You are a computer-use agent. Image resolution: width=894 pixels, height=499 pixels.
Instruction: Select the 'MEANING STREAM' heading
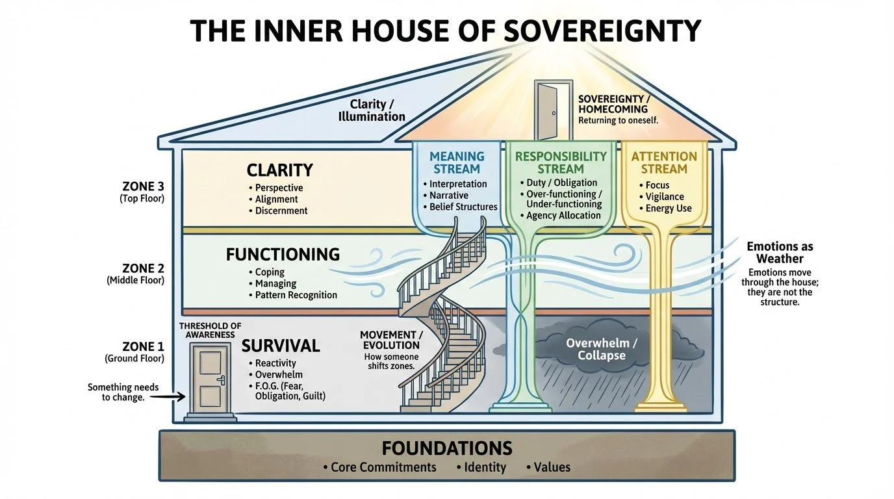(x=457, y=162)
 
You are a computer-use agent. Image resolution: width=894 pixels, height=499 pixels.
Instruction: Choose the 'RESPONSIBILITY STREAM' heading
(x=561, y=162)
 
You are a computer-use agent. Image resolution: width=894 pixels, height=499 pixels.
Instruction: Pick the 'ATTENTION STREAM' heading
(x=663, y=162)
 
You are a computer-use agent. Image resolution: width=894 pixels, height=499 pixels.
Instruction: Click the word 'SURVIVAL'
(x=281, y=345)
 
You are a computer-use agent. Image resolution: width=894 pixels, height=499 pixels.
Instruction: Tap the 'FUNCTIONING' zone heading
(x=283, y=254)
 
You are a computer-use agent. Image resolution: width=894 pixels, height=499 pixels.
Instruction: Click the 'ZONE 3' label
(x=144, y=186)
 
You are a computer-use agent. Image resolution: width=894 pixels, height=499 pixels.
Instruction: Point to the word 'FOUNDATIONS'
(x=447, y=448)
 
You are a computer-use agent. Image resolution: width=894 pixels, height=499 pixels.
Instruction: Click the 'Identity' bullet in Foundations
(x=484, y=467)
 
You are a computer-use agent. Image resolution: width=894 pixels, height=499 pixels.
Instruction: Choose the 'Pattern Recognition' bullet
(x=296, y=295)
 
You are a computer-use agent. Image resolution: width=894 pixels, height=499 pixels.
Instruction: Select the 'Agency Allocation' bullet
(x=563, y=216)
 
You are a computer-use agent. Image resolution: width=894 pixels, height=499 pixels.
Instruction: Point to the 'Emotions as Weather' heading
(x=780, y=253)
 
